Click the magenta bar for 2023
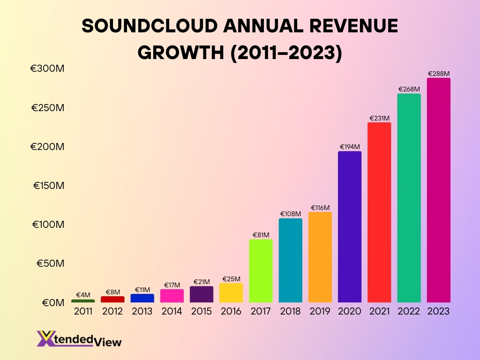click(x=438, y=190)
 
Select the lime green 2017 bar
click(x=261, y=271)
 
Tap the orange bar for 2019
click(x=320, y=257)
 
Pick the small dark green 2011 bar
click(x=83, y=301)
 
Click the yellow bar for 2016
click(x=231, y=292)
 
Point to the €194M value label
click(x=350, y=147)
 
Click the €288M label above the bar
click(x=439, y=74)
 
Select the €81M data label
click(x=261, y=235)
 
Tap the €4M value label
click(x=83, y=295)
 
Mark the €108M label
click(x=291, y=214)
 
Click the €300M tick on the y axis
click(x=47, y=69)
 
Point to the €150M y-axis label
click(x=48, y=186)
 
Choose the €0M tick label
click(x=50, y=303)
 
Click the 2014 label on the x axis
click(x=172, y=312)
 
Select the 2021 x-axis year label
click(x=379, y=312)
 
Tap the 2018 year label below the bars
click(x=290, y=312)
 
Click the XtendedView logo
click(x=79, y=339)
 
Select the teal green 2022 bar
click(x=409, y=198)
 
